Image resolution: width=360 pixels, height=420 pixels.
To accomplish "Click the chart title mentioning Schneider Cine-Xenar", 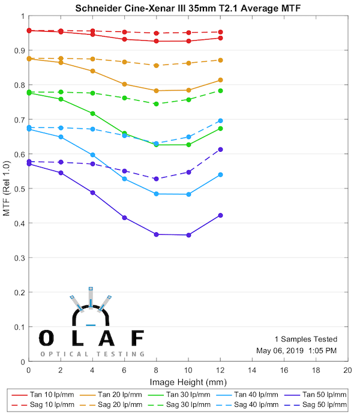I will coord(188,8).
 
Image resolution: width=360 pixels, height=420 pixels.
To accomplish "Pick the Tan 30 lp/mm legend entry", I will coord(187,395).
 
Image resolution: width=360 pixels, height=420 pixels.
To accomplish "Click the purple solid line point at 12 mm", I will coord(220,215).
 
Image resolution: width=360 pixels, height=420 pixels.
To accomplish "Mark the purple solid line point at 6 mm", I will coord(124,217).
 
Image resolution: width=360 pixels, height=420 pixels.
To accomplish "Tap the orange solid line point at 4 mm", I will coord(92,71).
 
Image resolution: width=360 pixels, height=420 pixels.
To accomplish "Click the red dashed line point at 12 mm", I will coord(220,32).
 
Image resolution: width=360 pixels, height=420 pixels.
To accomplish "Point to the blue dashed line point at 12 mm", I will coord(220,121).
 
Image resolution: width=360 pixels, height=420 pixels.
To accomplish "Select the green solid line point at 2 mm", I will coord(61,99).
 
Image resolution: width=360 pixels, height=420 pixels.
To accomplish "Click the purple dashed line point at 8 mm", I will coord(156,179).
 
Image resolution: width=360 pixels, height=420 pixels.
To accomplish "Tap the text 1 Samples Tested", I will coord(305,339).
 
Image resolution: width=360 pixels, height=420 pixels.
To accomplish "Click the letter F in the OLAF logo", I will coord(137,338).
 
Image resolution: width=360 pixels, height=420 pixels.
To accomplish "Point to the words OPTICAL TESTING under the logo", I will coord(92,354).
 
